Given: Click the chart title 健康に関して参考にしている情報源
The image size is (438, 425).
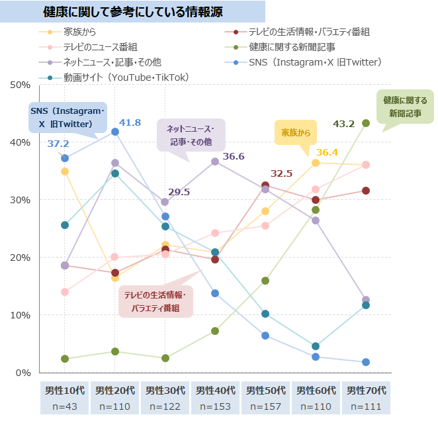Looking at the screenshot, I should click(x=132, y=12).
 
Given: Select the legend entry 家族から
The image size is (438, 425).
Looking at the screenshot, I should click(x=80, y=32).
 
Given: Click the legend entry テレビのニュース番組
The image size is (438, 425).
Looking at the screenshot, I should click(x=100, y=47).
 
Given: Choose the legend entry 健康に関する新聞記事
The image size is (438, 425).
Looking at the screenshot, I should click(x=292, y=47).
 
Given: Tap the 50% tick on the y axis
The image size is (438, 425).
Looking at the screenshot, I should click(x=21, y=85).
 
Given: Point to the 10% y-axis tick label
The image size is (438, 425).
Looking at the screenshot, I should click(x=21, y=315).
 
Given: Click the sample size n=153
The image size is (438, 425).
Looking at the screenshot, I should click(x=215, y=404).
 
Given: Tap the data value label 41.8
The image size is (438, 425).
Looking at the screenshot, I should click(x=130, y=122).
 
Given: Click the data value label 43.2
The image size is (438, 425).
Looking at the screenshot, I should click(x=343, y=123).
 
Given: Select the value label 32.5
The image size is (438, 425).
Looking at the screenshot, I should click(x=281, y=173).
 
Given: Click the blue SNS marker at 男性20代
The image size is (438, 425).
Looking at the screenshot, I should click(x=115, y=132).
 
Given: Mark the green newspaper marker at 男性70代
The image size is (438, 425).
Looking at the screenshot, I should click(x=366, y=123).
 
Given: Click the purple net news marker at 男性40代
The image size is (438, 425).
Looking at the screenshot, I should click(x=215, y=162).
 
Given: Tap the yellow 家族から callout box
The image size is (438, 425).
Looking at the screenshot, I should click(x=295, y=132).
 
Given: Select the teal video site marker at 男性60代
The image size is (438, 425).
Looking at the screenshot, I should click(x=316, y=346).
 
